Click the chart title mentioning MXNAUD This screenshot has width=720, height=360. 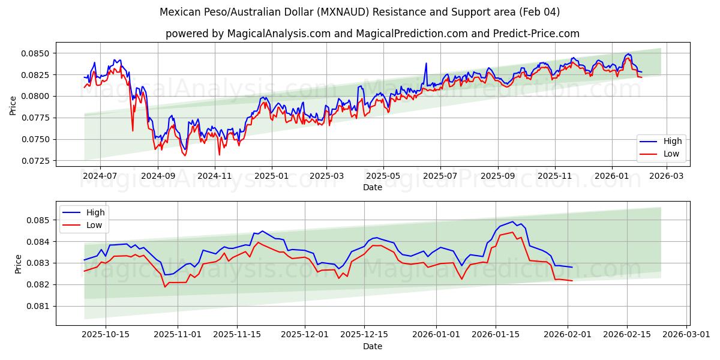(x=360, y=12)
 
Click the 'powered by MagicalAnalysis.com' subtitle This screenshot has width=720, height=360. (x=372, y=34)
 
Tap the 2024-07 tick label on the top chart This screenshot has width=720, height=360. (x=100, y=176)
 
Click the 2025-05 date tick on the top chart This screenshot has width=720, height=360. (x=383, y=176)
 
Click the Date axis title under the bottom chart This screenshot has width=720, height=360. (x=373, y=346)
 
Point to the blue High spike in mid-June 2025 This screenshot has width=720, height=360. (x=426, y=63)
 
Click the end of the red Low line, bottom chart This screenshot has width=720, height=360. (x=572, y=281)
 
